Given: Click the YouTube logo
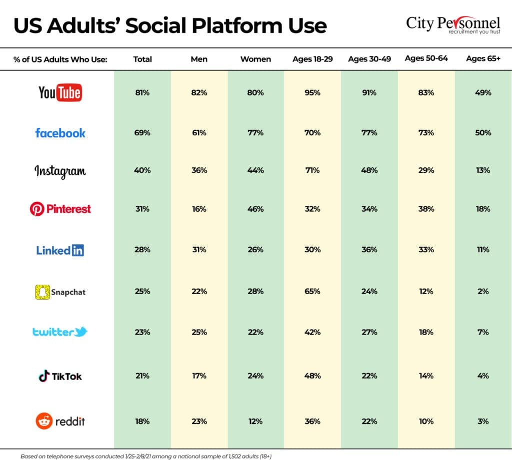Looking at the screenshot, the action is coord(60,92).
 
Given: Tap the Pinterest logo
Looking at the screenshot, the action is coord(60,209).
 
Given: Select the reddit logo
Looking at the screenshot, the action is coord(60,421).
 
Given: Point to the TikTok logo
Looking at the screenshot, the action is coord(60,376).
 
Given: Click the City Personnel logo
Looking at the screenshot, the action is coord(453,24).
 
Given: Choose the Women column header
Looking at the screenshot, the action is coord(255,59).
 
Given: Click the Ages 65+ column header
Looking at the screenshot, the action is coord(483,59).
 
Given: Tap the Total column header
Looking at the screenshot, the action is coord(142,59).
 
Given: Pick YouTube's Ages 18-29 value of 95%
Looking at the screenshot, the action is coord(312,92).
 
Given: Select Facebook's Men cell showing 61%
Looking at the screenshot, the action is coord(199,133).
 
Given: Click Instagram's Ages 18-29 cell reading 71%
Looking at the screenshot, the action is coord(312,170).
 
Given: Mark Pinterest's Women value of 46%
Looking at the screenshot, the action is coord(255,209).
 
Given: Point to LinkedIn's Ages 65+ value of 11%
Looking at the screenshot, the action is coord(483,250).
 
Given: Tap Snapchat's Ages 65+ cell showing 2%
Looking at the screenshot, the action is coord(483,291).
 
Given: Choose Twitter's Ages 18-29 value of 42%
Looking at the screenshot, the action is coord(312,332).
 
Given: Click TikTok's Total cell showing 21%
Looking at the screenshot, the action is coord(142,376).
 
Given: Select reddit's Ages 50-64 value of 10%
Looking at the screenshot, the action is coord(426,421).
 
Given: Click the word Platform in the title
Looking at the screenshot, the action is coord(237,26).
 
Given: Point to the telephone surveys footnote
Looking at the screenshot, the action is coord(146,457).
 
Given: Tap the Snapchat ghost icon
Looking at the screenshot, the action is coord(42,292).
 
